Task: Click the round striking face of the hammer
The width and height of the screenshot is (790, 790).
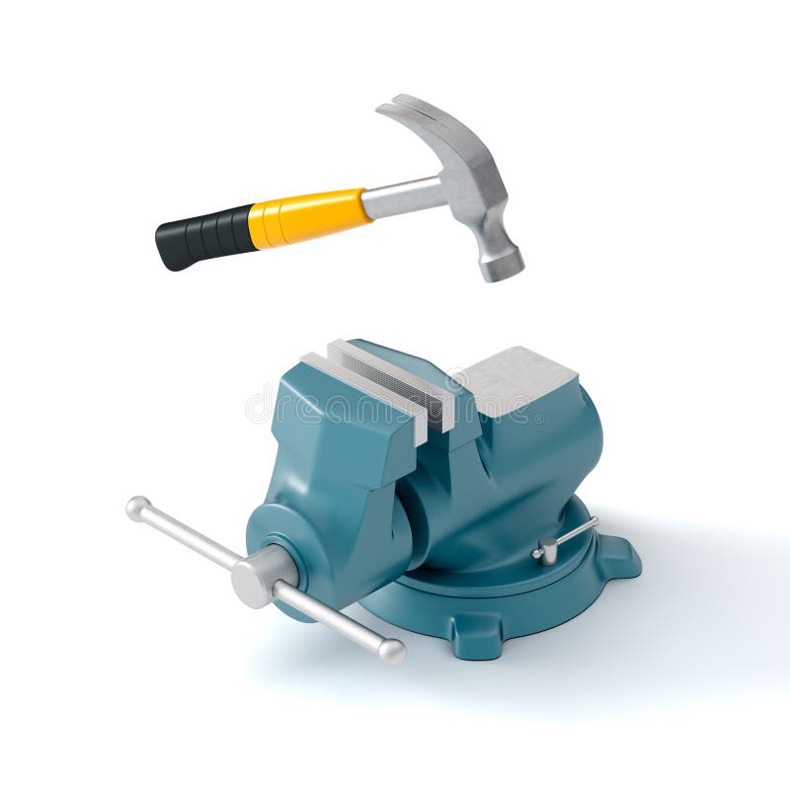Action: click(x=502, y=264)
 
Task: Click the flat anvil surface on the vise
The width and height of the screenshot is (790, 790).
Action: click(x=518, y=379)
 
